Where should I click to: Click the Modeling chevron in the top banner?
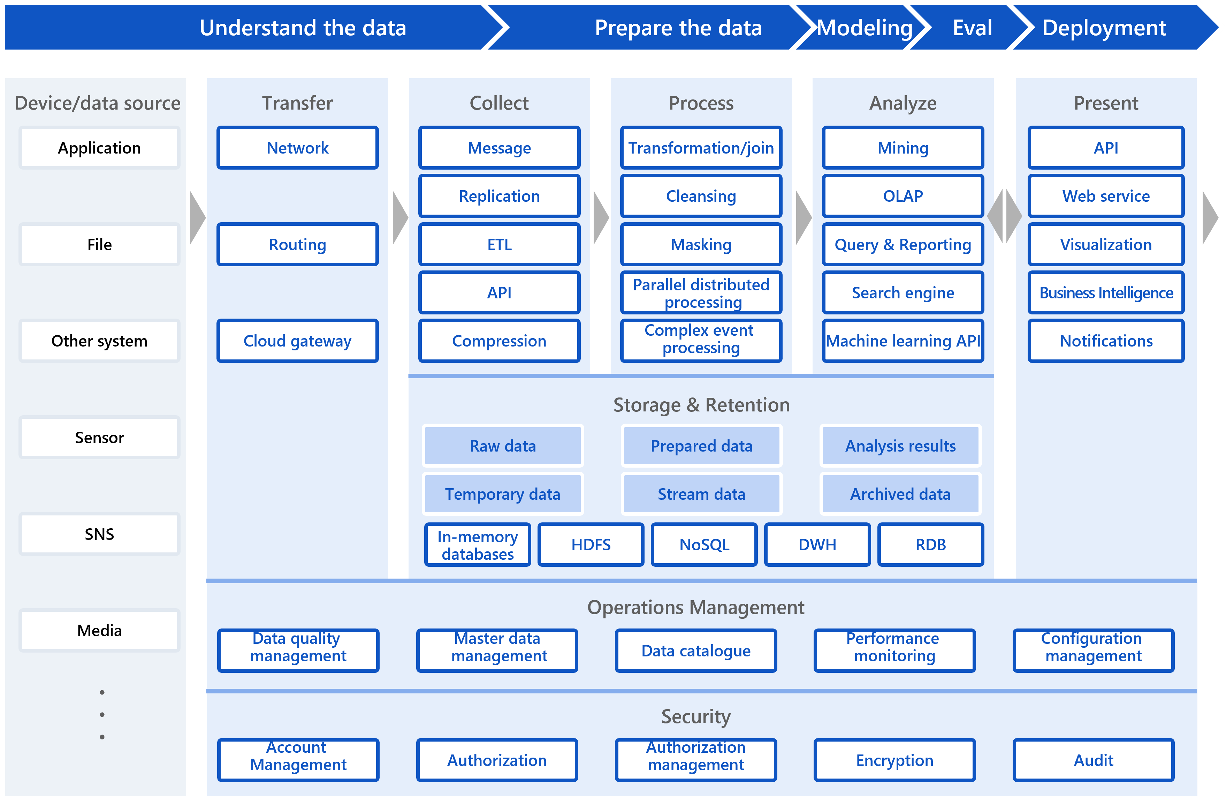point(865,28)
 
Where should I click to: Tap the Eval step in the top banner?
point(972,28)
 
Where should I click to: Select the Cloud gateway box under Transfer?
point(297,341)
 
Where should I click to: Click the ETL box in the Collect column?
point(499,244)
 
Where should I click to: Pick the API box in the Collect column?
point(499,293)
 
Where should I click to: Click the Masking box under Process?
point(701,244)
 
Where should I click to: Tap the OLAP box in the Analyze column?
point(903,196)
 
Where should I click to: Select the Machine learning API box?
point(903,341)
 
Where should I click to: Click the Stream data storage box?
point(701,494)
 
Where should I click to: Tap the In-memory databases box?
point(478,544)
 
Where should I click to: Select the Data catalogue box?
point(695,650)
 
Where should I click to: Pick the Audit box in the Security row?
point(1093,760)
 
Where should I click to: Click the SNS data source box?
point(99,534)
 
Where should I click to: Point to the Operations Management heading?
point(695,607)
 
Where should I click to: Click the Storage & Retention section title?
point(701,405)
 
